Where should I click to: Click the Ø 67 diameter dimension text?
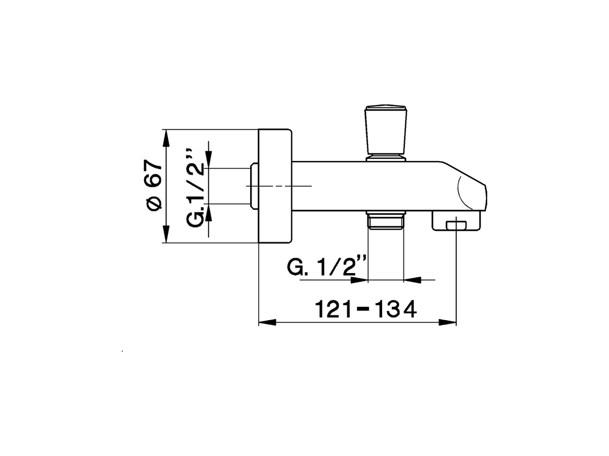pyautogui.click(x=154, y=185)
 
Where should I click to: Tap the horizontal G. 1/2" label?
pyautogui.click(x=327, y=267)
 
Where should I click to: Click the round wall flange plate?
pyautogui.click(x=275, y=186)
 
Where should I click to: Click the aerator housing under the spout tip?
pyautogui.click(x=456, y=221)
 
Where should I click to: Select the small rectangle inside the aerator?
pyautogui.click(x=456, y=224)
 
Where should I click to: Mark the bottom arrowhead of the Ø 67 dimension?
pyautogui.click(x=166, y=235)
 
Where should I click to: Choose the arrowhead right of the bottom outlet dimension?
pyautogui.click(x=412, y=280)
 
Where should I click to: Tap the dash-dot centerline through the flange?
pyautogui.click(x=285, y=186)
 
